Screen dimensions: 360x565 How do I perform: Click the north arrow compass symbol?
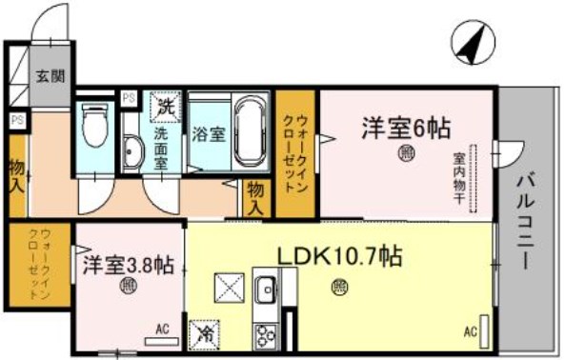[473, 44]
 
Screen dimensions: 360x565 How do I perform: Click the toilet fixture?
[93, 123]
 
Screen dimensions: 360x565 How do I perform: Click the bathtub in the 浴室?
[250, 130]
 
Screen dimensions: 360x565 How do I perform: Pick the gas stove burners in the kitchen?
[264, 334]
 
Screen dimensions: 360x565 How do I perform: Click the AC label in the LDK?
[470, 332]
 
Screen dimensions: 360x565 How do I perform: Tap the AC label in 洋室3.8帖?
[161, 330]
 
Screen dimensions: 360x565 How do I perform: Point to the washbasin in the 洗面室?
[132, 152]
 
